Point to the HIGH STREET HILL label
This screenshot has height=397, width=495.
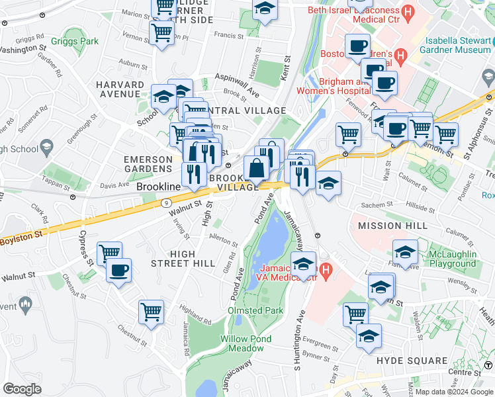[x=192, y=258]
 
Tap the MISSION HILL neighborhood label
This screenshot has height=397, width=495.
[x=389, y=226]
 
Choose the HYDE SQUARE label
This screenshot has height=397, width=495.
[x=412, y=361]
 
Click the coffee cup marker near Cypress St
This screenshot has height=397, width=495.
[x=119, y=270]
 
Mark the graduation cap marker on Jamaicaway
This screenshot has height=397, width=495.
[x=303, y=263]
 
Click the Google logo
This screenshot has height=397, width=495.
[x=22, y=388]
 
